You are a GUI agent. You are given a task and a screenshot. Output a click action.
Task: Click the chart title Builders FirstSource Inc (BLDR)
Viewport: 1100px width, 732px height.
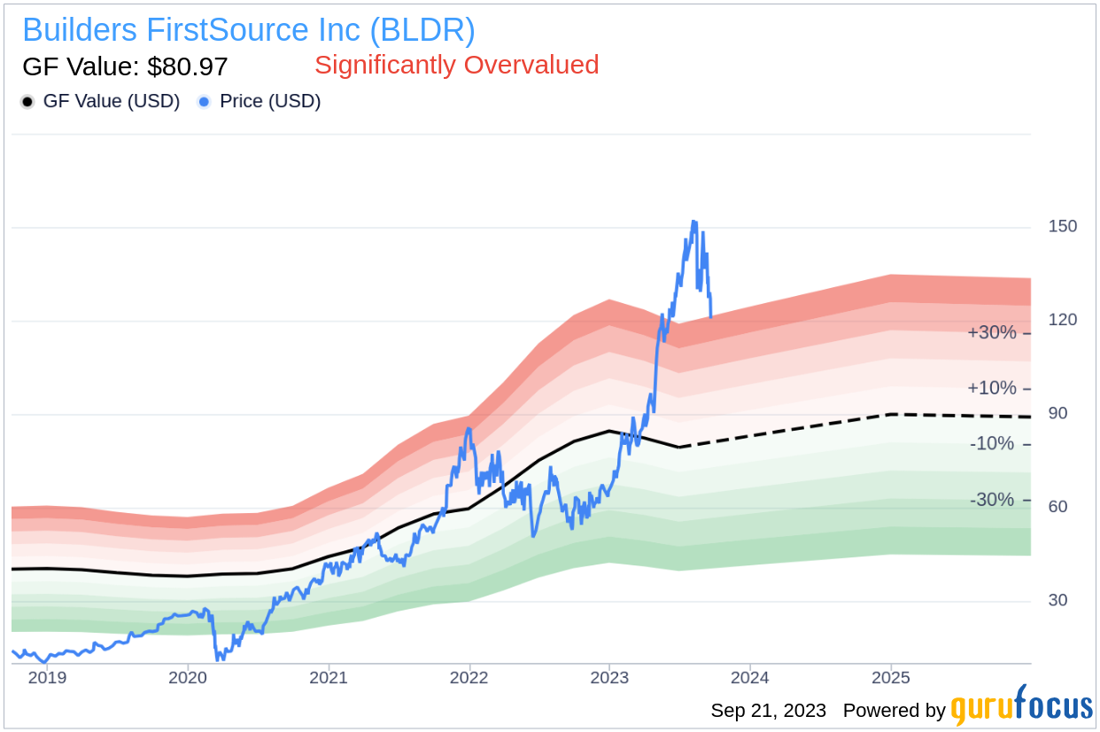point(249,30)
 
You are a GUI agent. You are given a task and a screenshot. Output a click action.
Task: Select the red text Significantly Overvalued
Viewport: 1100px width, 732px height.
point(457,65)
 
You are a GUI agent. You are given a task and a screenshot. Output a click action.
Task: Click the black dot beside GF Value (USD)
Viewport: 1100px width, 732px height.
point(28,102)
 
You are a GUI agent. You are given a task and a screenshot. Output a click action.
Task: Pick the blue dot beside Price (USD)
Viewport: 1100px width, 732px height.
point(205,102)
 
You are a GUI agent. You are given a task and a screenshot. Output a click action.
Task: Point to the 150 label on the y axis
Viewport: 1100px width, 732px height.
point(1063,226)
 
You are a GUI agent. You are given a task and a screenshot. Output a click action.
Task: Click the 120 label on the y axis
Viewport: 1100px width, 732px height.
point(1063,319)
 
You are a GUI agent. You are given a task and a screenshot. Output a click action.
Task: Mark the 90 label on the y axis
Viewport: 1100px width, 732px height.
point(1058,413)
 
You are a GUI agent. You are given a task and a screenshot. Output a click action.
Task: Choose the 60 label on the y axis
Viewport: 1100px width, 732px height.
point(1058,507)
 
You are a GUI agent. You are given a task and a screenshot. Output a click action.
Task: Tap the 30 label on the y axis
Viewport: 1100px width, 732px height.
point(1058,600)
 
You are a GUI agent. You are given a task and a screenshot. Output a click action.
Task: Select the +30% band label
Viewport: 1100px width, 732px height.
point(992,333)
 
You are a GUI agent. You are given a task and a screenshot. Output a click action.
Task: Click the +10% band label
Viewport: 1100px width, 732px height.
point(992,388)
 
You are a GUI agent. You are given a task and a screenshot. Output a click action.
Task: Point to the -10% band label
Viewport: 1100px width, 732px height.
point(992,443)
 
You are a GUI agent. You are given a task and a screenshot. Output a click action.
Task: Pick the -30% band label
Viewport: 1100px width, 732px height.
point(992,500)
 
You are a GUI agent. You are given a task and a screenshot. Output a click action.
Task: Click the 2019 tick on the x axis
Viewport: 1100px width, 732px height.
point(48,678)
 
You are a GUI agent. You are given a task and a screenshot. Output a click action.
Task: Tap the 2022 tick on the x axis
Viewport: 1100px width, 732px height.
point(469,678)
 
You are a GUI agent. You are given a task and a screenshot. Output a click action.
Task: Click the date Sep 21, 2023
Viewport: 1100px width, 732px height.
point(769,710)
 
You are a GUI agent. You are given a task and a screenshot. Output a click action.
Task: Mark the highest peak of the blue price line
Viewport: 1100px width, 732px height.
point(693,222)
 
